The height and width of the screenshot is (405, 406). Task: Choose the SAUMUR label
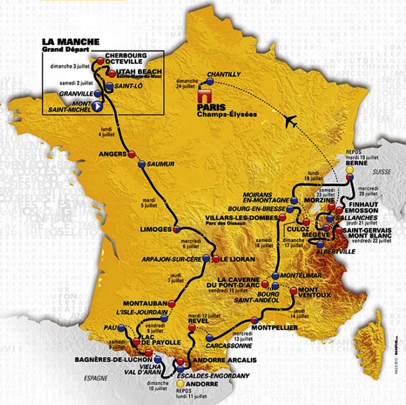(x=160, y=164)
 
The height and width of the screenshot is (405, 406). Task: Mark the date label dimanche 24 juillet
(x=188, y=84)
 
